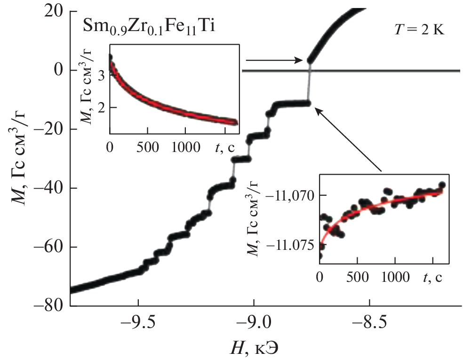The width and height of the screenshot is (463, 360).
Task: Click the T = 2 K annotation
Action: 419,31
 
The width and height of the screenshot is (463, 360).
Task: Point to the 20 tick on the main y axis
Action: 55,12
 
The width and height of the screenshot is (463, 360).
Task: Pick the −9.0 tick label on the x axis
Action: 254,324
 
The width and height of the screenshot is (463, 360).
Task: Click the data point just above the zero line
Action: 310,60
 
